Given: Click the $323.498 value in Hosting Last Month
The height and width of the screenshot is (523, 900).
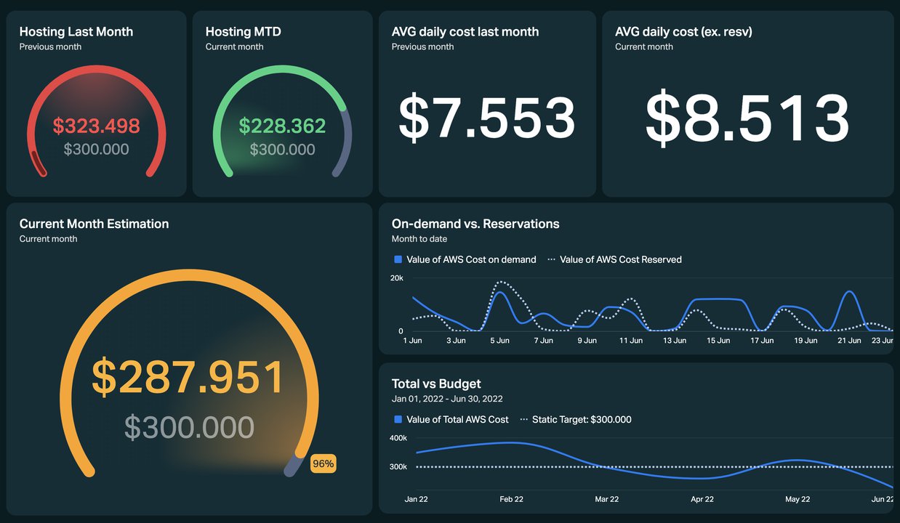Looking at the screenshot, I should [96, 126].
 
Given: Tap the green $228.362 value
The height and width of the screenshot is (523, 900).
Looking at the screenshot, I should [282, 126].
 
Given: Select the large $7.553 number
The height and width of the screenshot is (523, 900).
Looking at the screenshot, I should [487, 118].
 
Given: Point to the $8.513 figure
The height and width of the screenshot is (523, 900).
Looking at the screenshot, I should [747, 118].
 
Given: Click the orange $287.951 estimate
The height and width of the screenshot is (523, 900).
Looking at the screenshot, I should [188, 377].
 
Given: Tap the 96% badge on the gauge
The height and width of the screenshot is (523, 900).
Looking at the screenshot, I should [323, 463].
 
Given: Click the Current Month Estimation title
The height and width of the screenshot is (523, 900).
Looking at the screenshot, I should [94, 224].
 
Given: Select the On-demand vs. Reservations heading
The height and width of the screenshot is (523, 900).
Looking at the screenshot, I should [475, 224].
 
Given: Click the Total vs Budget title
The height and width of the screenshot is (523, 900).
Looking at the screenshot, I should [436, 384].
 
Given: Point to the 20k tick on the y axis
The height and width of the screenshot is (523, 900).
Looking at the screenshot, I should [397, 278].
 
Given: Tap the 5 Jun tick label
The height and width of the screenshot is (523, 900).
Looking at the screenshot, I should [499, 340].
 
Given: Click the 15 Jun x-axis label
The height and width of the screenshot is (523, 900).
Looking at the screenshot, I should [718, 340].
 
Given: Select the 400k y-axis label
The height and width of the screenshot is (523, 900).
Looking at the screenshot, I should [398, 438].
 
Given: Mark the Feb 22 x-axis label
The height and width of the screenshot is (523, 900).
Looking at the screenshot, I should [511, 499].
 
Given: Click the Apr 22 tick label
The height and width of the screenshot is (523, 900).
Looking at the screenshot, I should [702, 499].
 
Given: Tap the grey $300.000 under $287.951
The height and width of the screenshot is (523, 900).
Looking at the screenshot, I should [189, 428].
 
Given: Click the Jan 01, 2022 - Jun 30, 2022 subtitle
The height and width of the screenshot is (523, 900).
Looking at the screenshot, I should [447, 399].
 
